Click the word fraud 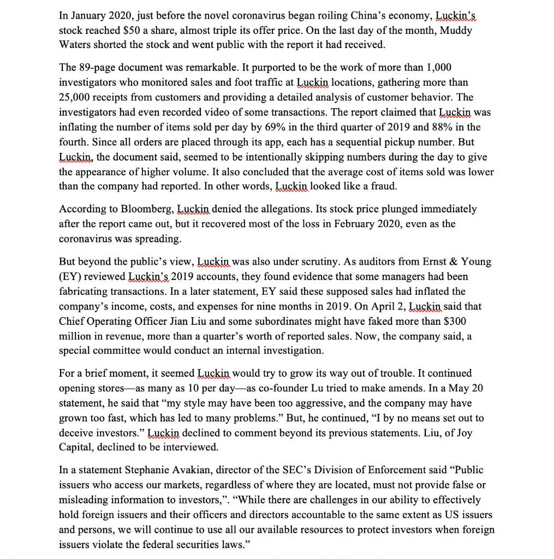[383, 186]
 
